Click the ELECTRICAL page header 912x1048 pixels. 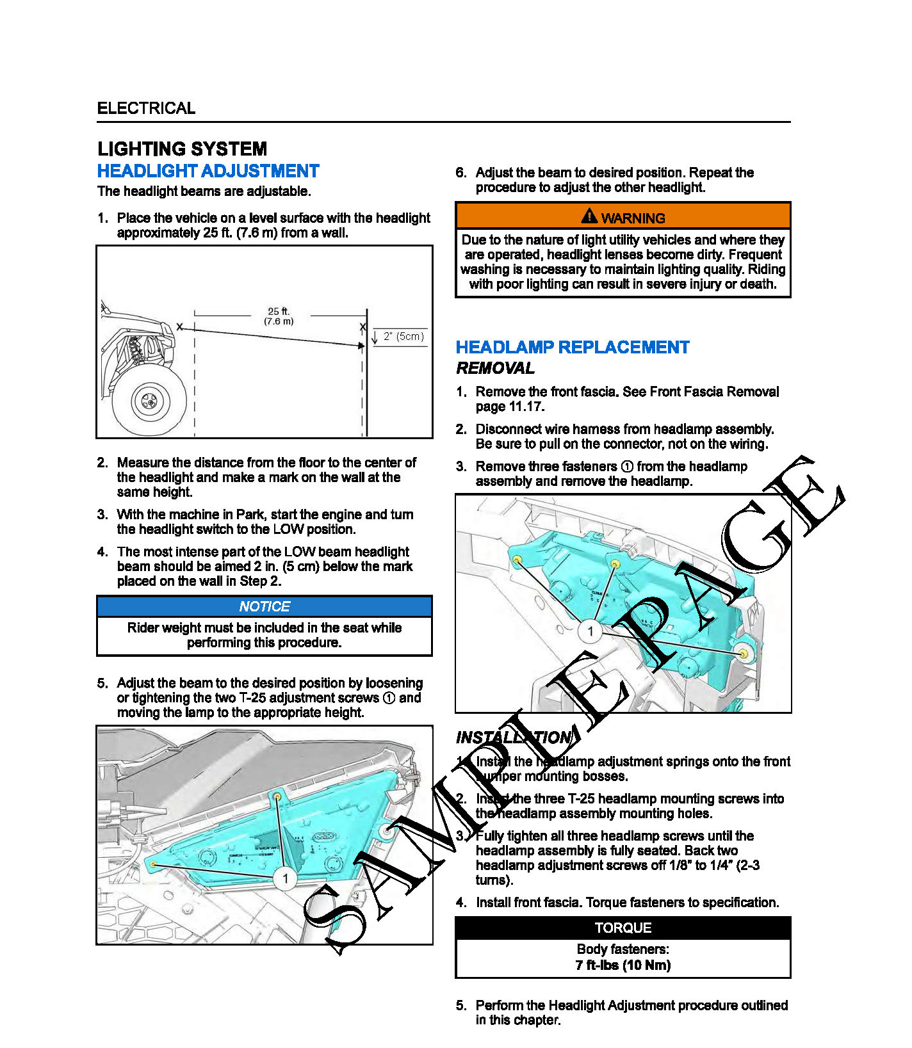[x=146, y=108]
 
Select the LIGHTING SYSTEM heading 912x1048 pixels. [x=182, y=149]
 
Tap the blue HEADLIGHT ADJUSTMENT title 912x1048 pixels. [x=208, y=172]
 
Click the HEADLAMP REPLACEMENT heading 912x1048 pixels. [x=572, y=348]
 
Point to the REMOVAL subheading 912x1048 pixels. [x=495, y=369]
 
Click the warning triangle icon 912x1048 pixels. [x=589, y=216]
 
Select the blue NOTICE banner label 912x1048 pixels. [x=265, y=606]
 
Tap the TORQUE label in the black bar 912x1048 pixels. [x=623, y=928]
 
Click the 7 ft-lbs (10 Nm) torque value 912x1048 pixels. [x=623, y=965]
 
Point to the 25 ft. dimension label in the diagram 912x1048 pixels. [x=279, y=312]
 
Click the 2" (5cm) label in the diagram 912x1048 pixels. [x=403, y=337]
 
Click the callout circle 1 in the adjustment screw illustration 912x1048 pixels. [x=285, y=878]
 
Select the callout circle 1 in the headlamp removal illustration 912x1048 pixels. [x=590, y=632]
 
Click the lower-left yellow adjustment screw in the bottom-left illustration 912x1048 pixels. [x=154, y=864]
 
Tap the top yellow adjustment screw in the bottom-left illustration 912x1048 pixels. [x=277, y=796]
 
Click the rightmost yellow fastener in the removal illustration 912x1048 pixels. [x=743, y=654]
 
